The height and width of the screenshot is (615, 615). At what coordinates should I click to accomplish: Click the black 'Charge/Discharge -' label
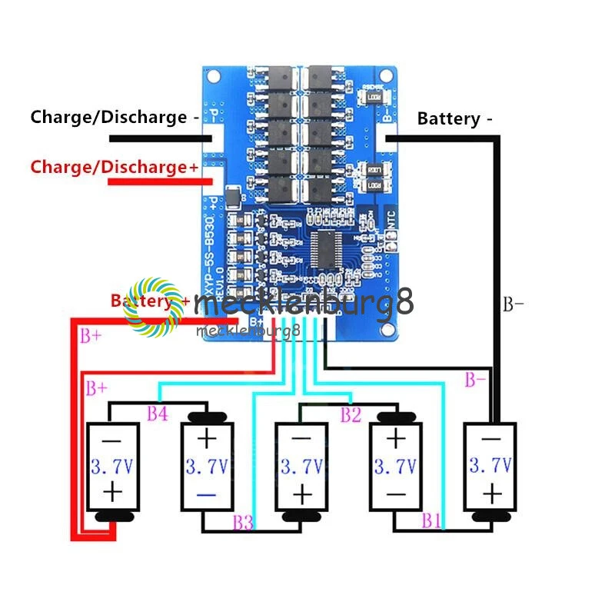[108, 118]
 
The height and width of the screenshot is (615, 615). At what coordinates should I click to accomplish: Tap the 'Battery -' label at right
[454, 118]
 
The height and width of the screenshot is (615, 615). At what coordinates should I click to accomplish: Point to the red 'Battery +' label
[150, 301]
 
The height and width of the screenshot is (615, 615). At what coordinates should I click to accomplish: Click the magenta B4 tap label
[158, 414]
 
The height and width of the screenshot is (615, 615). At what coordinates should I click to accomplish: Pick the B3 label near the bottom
[243, 523]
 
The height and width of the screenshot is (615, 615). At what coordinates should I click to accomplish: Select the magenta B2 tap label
[351, 415]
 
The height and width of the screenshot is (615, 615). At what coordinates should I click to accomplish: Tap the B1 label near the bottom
[431, 521]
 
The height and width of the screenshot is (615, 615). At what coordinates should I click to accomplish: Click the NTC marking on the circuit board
[390, 219]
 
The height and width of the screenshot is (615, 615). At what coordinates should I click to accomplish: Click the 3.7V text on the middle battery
[302, 466]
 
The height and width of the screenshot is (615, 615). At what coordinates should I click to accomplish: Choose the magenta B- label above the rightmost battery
[475, 379]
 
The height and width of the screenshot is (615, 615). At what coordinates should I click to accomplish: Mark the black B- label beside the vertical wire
[513, 304]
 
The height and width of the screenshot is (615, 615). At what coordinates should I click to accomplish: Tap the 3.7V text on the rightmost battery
[490, 464]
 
